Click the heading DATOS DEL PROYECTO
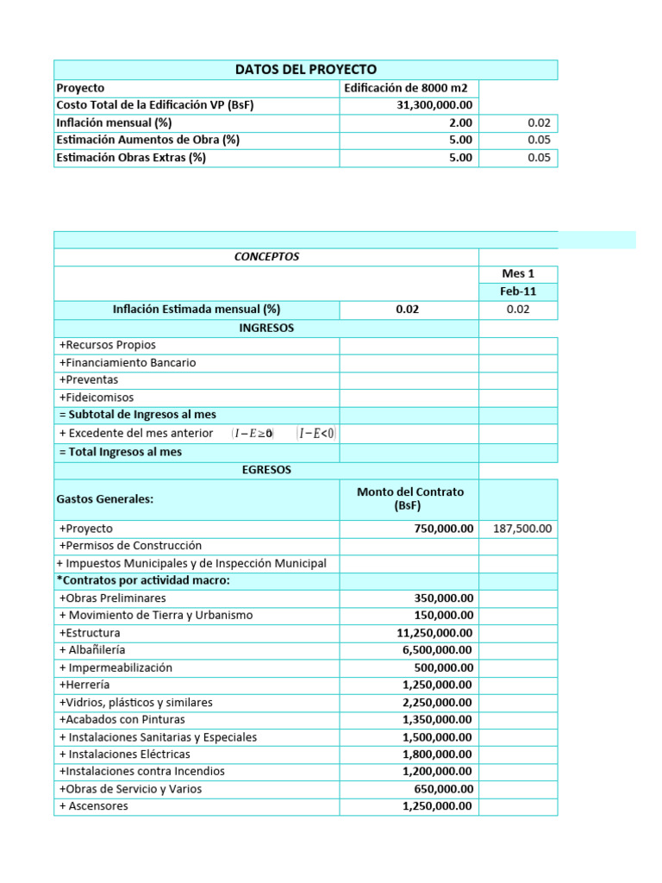306,70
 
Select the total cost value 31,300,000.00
434,105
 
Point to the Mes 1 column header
518,274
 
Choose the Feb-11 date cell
518,291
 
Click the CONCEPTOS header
266,257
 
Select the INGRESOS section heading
266,328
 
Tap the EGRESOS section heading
266,470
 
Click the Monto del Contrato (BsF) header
409,498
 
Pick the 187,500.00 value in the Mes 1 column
522,529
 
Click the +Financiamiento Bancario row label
128,362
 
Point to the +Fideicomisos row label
97,398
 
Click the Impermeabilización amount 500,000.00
443,667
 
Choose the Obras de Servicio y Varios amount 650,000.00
443,789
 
